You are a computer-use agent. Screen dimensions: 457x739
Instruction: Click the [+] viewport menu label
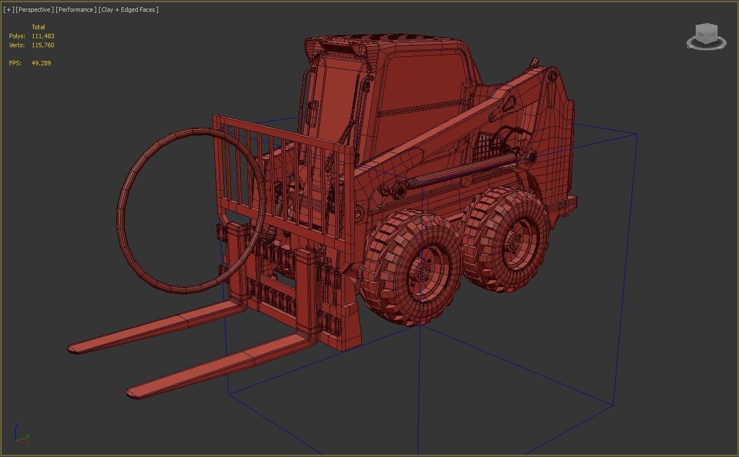point(8,10)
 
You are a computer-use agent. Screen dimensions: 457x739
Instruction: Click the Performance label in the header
point(75,10)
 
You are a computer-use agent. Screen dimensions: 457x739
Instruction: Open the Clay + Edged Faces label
point(128,10)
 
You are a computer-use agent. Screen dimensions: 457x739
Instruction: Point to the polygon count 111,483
point(43,36)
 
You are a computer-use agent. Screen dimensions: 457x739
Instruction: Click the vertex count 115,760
point(43,45)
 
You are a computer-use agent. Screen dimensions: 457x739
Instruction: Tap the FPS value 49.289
point(41,63)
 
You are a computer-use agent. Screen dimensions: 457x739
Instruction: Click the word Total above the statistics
point(38,27)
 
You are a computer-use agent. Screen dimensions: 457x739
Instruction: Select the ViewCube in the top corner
point(706,35)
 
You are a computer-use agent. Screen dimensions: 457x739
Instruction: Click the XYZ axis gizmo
point(21,435)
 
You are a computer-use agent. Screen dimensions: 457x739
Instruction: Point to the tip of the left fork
point(75,348)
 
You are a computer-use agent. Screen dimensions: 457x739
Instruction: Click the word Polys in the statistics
point(17,36)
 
